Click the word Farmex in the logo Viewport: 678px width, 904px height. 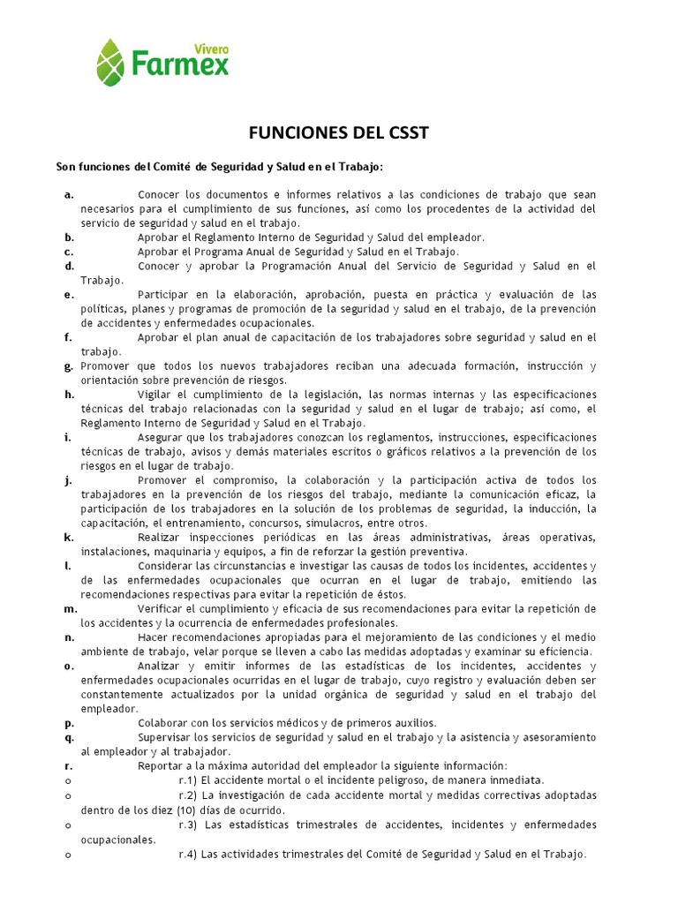click(x=180, y=64)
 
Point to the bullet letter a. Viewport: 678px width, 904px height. click(x=68, y=194)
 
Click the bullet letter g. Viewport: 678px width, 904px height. click(x=68, y=365)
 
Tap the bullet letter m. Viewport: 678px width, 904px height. click(x=70, y=609)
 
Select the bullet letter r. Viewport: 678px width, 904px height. click(x=68, y=765)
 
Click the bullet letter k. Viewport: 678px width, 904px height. click(x=68, y=537)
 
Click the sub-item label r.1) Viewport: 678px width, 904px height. click(x=188, y=780)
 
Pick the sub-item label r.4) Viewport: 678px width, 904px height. click(x=188, y=854)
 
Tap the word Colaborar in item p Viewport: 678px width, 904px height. click(x=166, y=722)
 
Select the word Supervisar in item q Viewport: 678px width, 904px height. click(x=169, y=737)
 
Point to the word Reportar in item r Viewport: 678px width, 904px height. click(x=162, y=765)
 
